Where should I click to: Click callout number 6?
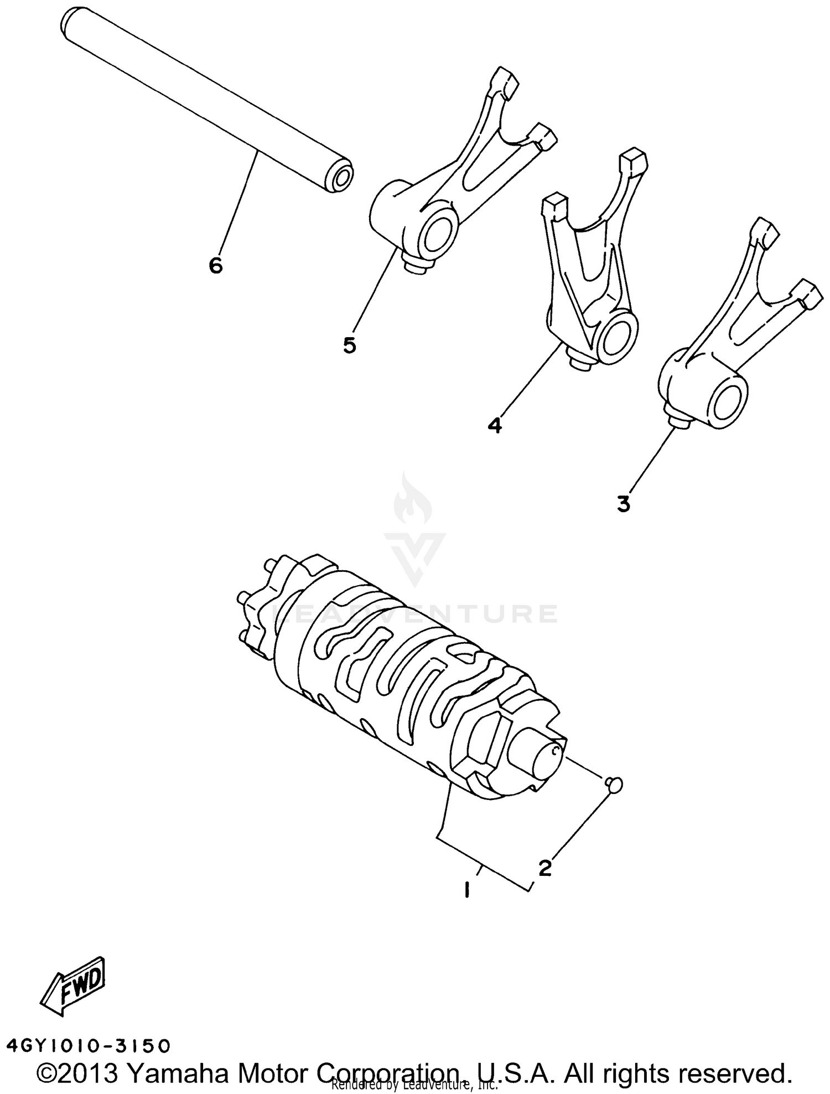click(216, 266)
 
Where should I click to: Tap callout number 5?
click(350, 345)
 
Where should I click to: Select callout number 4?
click(495, 425)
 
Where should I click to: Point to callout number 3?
click(624, 504)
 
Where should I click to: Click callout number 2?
click(545, 868)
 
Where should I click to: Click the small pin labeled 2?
click(615, 783)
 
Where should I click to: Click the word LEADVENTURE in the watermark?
click(415, 613)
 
